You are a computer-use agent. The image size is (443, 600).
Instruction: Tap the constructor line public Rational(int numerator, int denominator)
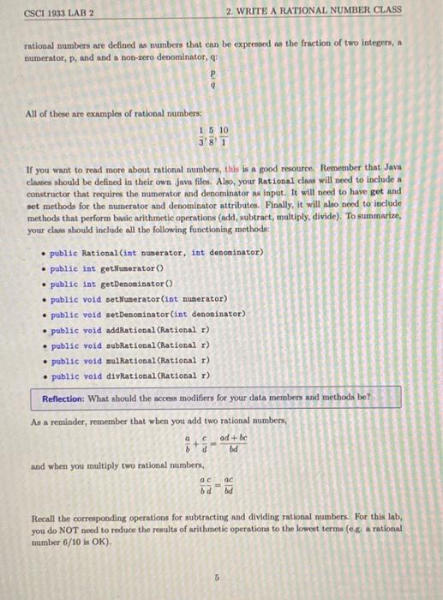pos(158,253)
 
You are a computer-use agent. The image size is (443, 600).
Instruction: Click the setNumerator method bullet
pos(138,299)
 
